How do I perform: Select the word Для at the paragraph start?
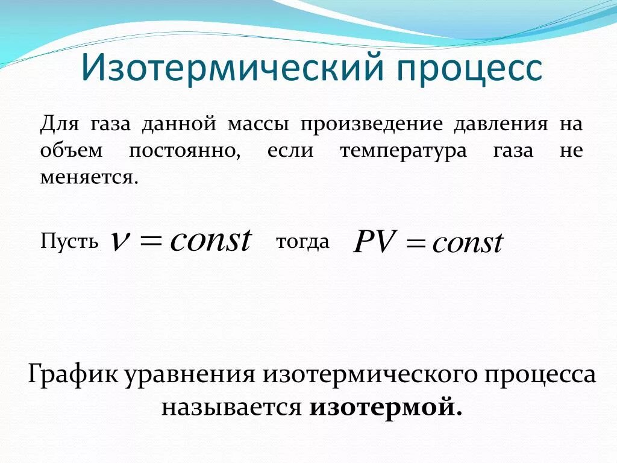(x=57, y=124)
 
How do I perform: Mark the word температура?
(x=403, y=151)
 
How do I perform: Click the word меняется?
(x=89, y=177)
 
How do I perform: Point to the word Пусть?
(x=69, y=242)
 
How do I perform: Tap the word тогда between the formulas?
(x=302, y=242)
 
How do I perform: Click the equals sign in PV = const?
(x=416, y=244)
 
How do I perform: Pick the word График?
(x=73, y=375)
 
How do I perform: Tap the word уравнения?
(x=191, y=375)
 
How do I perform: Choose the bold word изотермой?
(x=386, y=408)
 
